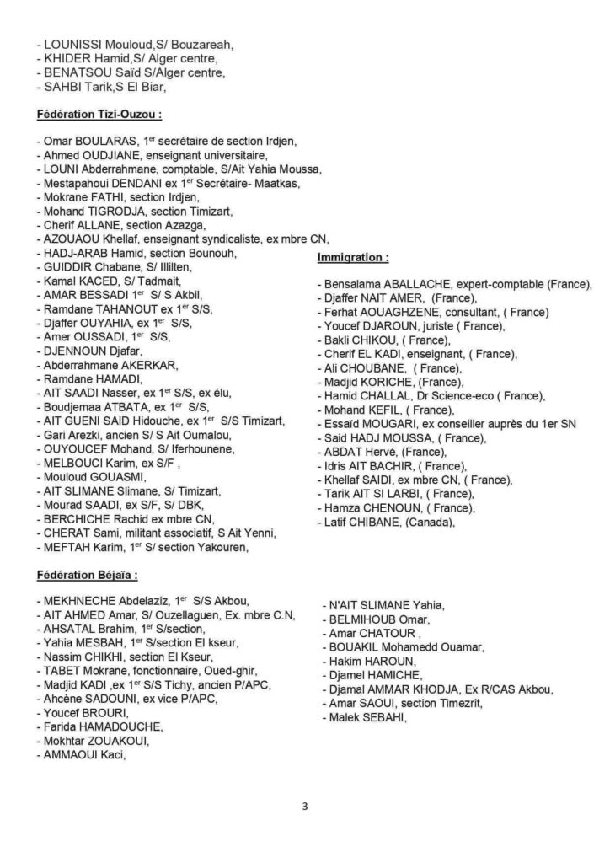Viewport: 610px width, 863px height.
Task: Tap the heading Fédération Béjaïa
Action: pos(88,577)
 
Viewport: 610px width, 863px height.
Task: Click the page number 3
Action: pos(305,807)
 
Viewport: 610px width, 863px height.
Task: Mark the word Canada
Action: pos(431,523)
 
